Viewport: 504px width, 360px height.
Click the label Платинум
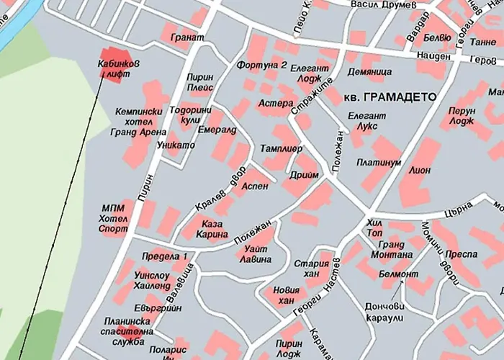(x=378, y=163)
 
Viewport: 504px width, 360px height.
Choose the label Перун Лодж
(x=462, y=117)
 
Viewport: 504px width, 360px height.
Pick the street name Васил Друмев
(x=383, y=5)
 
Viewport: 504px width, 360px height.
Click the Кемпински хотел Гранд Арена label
(x=141, y=122)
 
